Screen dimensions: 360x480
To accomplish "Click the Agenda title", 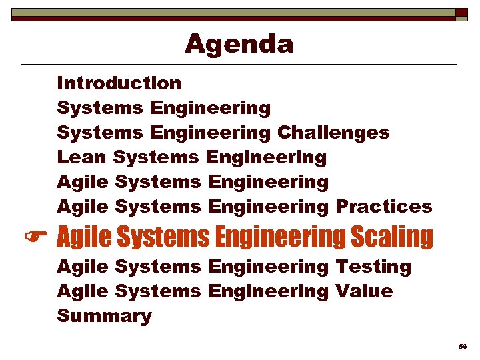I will pyautogui.click(x=239, y=44).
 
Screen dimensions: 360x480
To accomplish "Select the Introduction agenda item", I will pyautogui.click(x=119, y=83).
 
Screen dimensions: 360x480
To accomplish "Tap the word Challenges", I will pyautogui.click(x=333, y=132).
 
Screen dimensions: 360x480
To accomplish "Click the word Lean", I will pyautogui.click(x=82, y=157).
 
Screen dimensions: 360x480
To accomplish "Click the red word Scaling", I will pyautogui.click(x=391, y=237).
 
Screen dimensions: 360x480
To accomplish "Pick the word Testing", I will pyautogui.click(x=373, y=267).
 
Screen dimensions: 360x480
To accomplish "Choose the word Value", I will pyautogui.click(x=364, y=291).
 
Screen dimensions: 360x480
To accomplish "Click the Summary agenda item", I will pyautogui.click(x=105, y=316).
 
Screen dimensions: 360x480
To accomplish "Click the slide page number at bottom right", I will pyautogui.click(x=462, y=347).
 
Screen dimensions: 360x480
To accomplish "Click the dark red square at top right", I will pyautogui.click(x=461, y=13).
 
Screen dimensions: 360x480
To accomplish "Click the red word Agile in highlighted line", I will pyautogui.click(x=83, y=237).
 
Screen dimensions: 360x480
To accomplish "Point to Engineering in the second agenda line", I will pyautogui.click(x=211, y=107).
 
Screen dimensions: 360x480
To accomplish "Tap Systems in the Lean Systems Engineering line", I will pyautogui.click(x=156, y=157).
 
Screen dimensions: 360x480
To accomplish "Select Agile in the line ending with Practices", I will pyautogui.click(x=83, y=207).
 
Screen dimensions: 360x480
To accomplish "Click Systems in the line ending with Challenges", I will pyautogui.click(x=100, y=132).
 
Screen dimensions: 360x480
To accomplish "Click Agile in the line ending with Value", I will pyautogui.click(x=83, y=291).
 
